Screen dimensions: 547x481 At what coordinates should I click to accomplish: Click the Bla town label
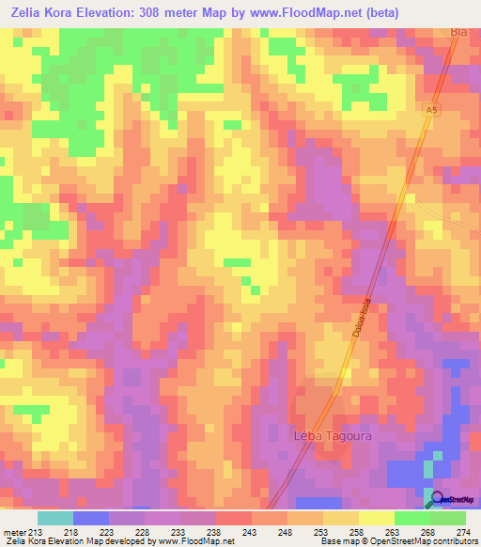pos(458,32)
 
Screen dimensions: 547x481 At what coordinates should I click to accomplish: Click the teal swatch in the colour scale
pos(55,518)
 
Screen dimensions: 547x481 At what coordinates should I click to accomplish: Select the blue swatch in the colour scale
pos(91,518)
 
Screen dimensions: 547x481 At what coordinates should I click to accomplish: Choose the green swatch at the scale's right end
pos(448,518)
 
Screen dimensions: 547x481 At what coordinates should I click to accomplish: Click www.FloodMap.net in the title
pos(298,13)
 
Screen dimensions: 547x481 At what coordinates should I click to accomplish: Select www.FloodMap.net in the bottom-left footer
pos(187,541)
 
